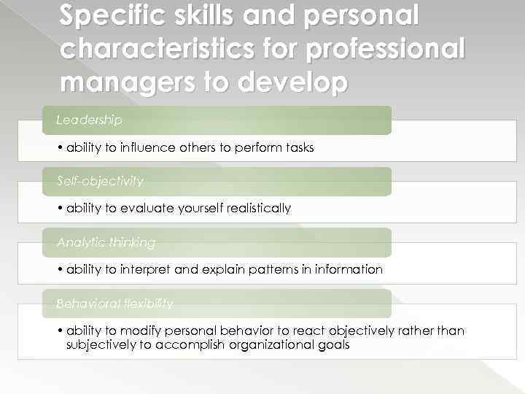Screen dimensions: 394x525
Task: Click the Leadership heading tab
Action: pos(90,119)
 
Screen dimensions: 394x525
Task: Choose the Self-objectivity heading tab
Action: pos(100,180)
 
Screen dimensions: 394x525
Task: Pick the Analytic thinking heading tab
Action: pos(106,242)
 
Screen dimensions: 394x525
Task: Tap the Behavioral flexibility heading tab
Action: pos(114,303)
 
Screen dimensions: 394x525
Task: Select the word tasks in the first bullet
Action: pos(298,147)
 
